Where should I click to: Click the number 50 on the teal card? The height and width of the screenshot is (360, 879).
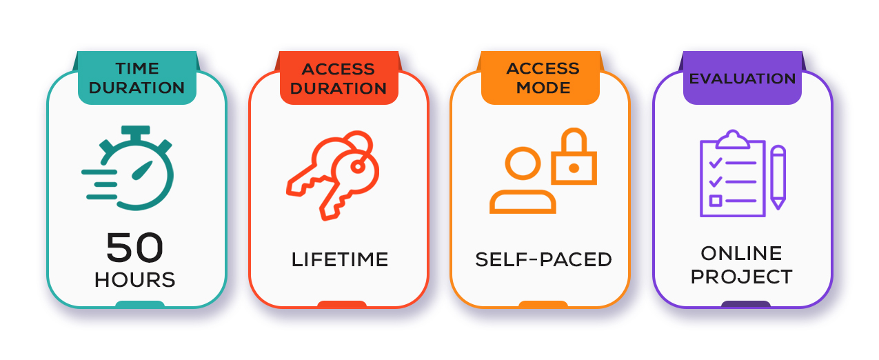[134, 248]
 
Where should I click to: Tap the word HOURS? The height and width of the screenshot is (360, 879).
[135, 280]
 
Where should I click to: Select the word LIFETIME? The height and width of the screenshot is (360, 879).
[340, 260]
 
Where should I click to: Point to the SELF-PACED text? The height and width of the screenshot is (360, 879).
[543, 260]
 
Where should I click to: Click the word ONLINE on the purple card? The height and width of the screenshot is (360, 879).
[742, 253]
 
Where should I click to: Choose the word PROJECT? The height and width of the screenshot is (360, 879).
[742, 277]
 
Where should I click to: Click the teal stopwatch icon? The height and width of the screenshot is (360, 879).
[134, 168]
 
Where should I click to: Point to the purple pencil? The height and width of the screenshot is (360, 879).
[778, 177]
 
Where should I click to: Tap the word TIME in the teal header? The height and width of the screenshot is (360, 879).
[137, 69]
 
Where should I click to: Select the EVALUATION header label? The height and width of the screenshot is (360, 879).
[742, 79]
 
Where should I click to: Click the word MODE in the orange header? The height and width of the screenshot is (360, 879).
[543, 88]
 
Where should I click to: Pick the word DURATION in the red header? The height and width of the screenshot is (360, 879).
[339, 88]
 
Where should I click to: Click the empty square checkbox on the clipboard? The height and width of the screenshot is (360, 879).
[716, 201]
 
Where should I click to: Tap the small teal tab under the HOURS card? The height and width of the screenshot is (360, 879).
[140, 304]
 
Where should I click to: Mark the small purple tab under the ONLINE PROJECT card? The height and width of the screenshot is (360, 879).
[745, 304]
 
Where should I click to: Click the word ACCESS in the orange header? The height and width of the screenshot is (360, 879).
[543, 69]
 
